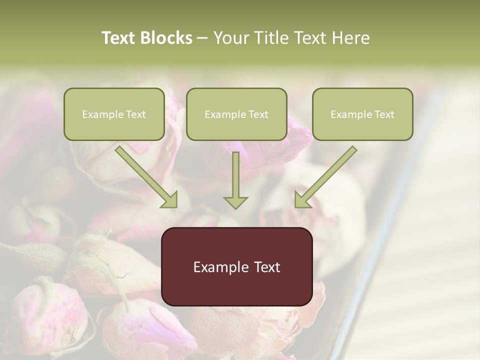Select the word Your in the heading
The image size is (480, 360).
coord(230,38)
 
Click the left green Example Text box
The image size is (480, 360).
coord(114,114)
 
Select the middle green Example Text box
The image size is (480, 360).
coord(236,114)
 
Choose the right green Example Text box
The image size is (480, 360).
coord(362,114)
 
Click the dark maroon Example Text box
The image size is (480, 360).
coord(236,267)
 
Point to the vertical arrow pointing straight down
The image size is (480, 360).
coord(235,177)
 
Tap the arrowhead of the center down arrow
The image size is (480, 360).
coord(235,201)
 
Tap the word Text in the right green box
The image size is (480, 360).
coord(384,114)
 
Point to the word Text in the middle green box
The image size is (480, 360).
coord(258,114)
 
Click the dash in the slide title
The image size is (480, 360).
coord(202,38)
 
